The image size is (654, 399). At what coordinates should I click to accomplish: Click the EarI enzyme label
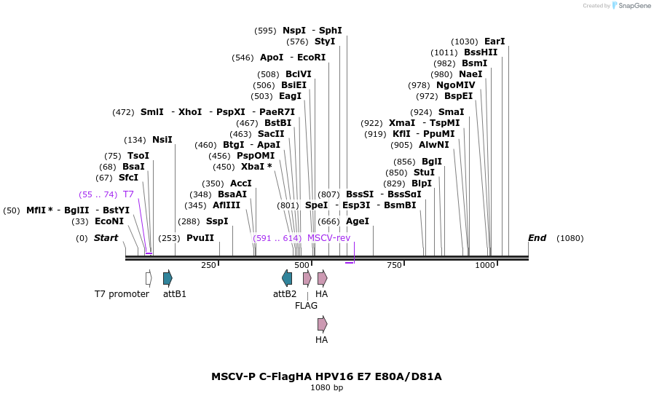click(x=494, y=42)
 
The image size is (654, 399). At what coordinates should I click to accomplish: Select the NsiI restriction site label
click(x=162, y=140)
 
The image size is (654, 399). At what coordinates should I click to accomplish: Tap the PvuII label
click(x=200, y=238)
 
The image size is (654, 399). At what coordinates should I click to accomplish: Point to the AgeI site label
click(x=358, y=221)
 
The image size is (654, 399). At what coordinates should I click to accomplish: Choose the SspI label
click(x=216, y=221)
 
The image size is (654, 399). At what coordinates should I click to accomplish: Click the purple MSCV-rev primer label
click(x=328, y=238)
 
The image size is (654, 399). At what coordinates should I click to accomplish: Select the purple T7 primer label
click(x=128, y=194)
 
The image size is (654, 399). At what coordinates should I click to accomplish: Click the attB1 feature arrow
click(x=168, y=277)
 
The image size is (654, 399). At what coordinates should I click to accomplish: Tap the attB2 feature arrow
click(x=287, y=277)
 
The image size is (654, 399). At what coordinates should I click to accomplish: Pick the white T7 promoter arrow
click(x=149, y=277)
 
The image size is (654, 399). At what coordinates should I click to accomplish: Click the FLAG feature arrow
click(x=307, y=277)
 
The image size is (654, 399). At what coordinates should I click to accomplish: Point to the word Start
click(x=106, y=238)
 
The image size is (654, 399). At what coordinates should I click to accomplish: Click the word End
click(x=537, y=238)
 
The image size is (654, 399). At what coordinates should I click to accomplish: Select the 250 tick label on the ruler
click(x=208, y=265)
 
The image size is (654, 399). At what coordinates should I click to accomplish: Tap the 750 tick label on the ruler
click(x=394, y=265)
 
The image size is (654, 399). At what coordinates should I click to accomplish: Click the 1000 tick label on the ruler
click(x=485, y=265)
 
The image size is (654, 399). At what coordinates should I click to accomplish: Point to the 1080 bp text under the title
click(x=326, y=387)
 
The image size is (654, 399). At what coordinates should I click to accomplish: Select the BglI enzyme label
click(x=431, y=162)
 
